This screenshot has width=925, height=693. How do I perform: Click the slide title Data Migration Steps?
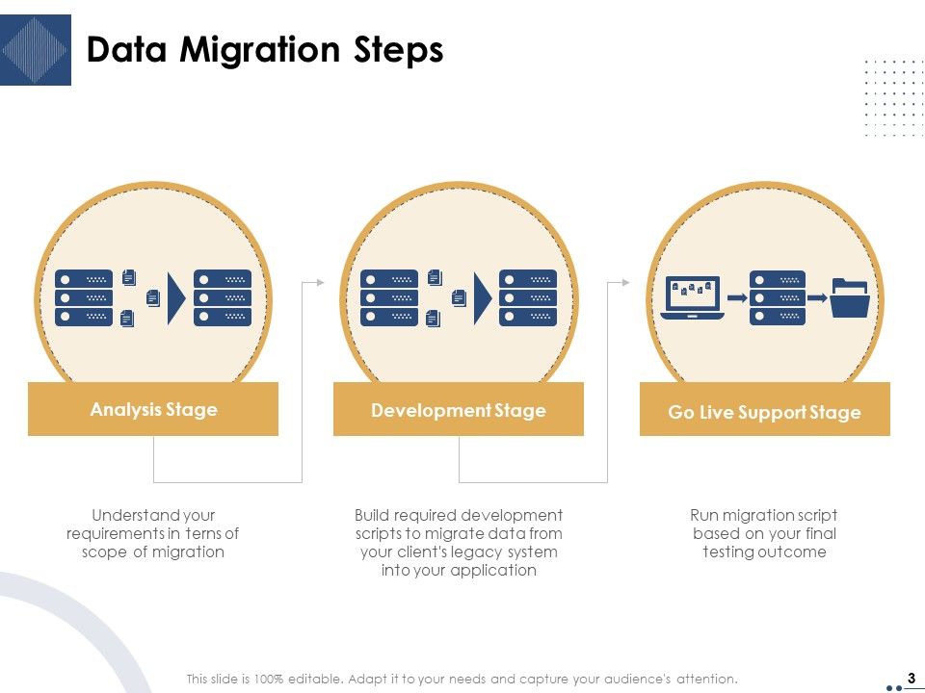[265, 50]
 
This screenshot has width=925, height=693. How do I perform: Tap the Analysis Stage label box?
[153, 409]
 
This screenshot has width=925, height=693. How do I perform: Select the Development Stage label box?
[459, 410]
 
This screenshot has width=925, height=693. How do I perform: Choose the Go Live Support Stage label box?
[764, 412]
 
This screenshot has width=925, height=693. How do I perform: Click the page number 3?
[911, 677]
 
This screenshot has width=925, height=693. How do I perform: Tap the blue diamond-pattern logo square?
[36, 50]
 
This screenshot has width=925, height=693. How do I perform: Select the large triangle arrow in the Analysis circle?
[176, 297]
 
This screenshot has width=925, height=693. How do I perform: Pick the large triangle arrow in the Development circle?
[482, 297]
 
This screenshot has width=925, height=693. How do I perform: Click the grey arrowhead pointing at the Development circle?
[321, 282]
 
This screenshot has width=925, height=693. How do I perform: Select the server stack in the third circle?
[778, 297]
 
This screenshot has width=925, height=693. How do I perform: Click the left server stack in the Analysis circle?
[84, 297]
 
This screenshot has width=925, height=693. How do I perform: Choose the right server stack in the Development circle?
[528, 297]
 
